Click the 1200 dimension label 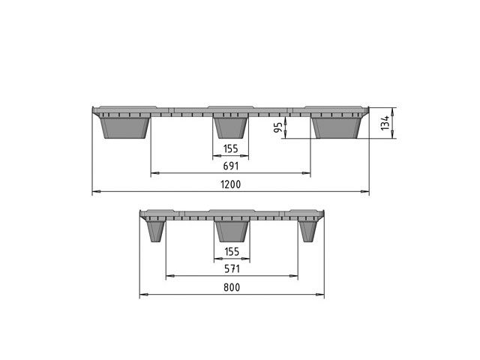pos(230,184)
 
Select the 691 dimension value pos(230,166)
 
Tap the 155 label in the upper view pos(230,148)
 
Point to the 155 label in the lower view pos(232,252)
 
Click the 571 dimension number pos(232,268)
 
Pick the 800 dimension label pos(232,287)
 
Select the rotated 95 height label pos(278,127)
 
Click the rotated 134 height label pos(385,123)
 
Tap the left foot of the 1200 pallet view pos(125,128)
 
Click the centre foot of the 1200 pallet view pos(230,128)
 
